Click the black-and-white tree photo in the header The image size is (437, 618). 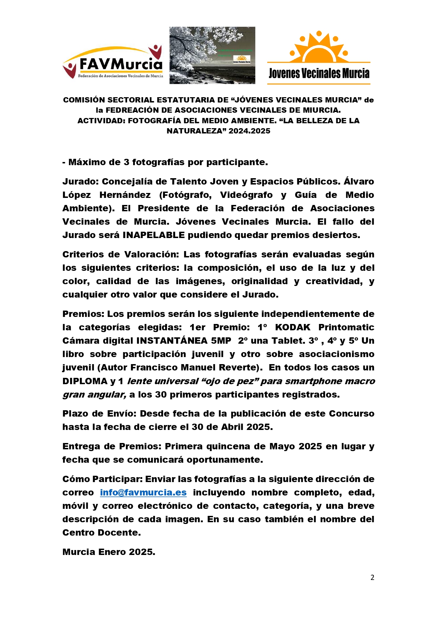coord(212,55)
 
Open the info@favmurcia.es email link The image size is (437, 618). coord(143,492)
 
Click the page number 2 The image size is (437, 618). coord(372,578)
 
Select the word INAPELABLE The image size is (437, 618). coord(154,235)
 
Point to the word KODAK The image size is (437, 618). coord(292,327)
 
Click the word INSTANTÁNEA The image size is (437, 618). coord(172,341)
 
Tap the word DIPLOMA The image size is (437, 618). coord(85,381)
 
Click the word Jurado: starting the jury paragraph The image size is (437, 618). coord(81,182)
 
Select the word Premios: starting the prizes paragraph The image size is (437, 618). coord(83,314)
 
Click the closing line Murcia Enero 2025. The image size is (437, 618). coord(109,552)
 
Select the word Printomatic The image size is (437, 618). coord(346,327)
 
